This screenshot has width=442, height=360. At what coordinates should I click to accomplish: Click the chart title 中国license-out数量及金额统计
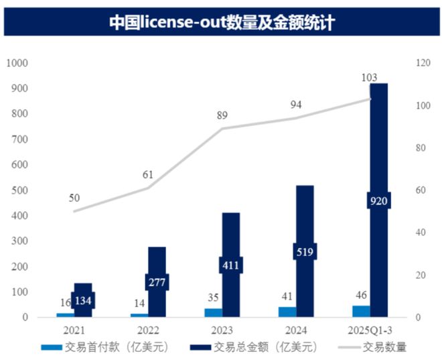222,22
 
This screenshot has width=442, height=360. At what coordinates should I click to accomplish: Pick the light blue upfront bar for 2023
213,312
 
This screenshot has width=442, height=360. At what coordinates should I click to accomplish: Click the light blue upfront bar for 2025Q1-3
361,311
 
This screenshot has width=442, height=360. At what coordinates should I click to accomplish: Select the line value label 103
369,78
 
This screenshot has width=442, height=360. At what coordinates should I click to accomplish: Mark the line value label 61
148,175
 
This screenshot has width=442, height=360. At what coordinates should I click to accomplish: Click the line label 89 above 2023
222,115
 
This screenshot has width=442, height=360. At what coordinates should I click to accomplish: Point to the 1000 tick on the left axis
17,63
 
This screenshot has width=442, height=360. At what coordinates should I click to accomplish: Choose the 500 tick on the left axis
19,190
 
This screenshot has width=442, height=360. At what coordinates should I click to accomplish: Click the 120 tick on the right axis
422,63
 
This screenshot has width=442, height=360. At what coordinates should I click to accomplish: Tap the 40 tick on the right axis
419,233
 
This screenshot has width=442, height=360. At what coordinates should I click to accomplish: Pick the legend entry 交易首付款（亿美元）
103,347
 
